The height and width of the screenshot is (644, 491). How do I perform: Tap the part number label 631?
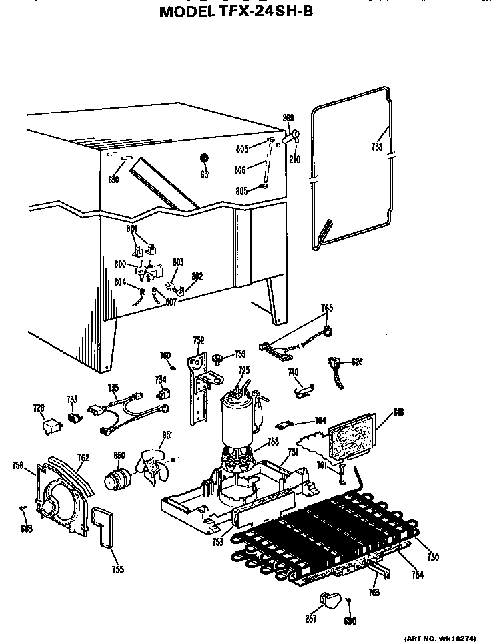[x=205, y=174]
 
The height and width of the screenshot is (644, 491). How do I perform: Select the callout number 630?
[x=113, y=180]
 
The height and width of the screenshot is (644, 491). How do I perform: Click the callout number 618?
[x=399, y=412]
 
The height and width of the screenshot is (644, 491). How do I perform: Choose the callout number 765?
[x=326, y=308]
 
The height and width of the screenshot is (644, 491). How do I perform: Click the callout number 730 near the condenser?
[x=432, y=557]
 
